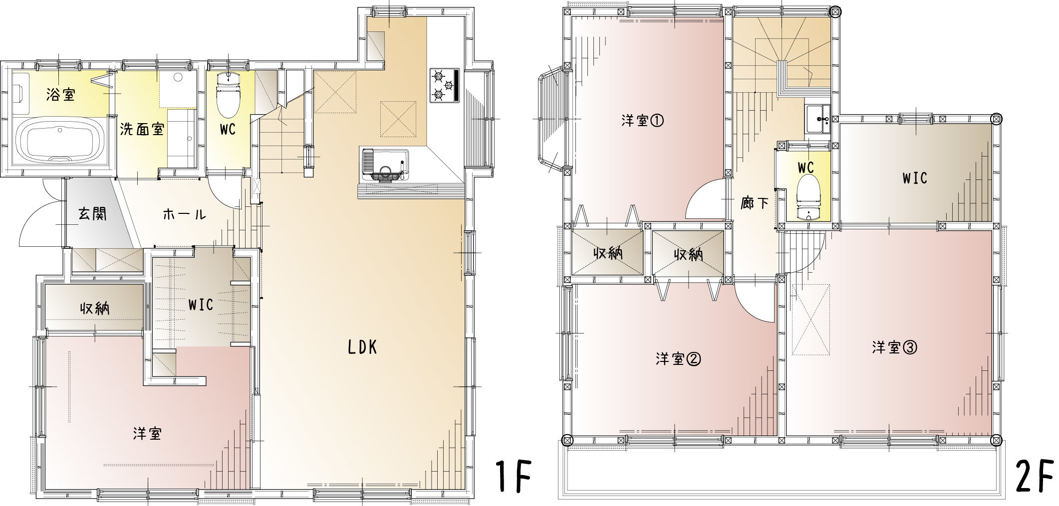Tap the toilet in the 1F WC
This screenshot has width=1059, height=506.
click(228, 94)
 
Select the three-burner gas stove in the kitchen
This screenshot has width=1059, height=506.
click(444, 85)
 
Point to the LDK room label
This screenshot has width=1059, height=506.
click(362, 347)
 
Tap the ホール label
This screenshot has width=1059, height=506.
click(184, 215)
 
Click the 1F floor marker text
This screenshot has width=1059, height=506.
click(512, 477)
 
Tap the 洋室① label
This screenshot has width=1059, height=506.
click(643, 121)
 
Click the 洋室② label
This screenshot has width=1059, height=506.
click(678, 359)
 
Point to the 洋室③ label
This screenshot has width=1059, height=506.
click(895, 347)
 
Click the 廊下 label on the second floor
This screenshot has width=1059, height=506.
click(754, 203)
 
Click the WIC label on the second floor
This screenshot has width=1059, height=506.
click(914, 177)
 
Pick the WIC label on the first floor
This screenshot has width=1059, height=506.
click(201, 304)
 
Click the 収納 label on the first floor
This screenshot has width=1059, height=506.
click(95, 309)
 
